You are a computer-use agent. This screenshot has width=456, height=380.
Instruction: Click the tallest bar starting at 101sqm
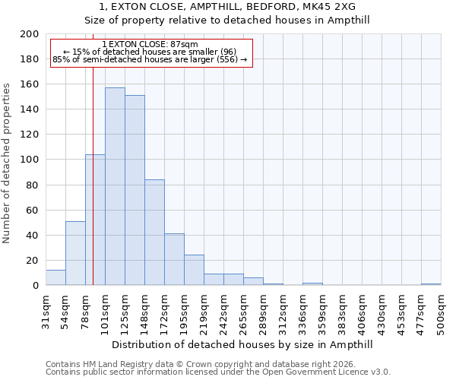pyautogui.click(x=115, y=186)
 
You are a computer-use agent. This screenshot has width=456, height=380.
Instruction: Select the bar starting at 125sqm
pyautogui.click(x=135, y=190)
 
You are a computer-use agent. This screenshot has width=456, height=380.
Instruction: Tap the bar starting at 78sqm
pyautogui.click(x=95, y=220)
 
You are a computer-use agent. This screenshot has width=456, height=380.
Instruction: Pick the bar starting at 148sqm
pyautogui.click(x=154, y=232)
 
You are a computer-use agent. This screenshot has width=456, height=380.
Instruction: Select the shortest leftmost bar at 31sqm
pyautogui.click(x=55, y=277)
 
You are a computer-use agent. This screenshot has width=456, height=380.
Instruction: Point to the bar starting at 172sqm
pyautogui.click(x=174, y=259)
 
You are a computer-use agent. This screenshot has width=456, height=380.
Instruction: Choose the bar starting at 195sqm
pyautogui.click(x=194, y=270)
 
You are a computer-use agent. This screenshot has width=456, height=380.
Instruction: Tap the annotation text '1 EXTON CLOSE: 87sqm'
pyautogui.click(x=150, y=45)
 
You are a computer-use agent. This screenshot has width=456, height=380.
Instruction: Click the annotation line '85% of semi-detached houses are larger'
pyautogui.click(x=150, y=59)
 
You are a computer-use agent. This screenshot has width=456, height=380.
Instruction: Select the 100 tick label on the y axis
pyautogui.click(x=30, y=160)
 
